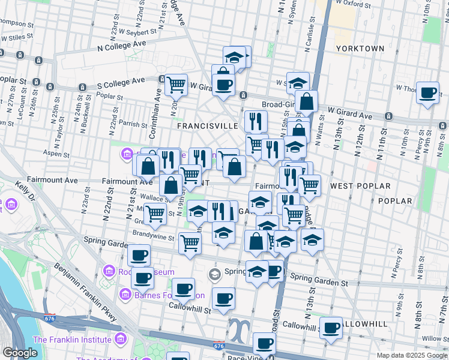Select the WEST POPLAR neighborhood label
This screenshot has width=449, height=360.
click(360, 186)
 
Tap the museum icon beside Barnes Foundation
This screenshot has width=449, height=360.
click(125, 295)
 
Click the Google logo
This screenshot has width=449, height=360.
click(20, 353)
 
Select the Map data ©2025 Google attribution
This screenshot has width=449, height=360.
click(412, 355)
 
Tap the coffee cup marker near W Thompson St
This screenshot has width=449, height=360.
click(427, 93)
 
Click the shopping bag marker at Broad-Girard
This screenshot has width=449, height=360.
click(306, 101)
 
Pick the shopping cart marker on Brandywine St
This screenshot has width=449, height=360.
click(190, 243)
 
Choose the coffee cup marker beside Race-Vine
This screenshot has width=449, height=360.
click(264, 344)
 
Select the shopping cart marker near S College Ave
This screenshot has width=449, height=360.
click(176, 85)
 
